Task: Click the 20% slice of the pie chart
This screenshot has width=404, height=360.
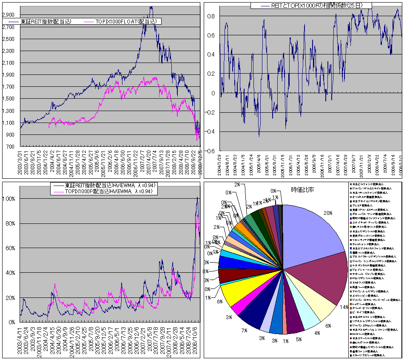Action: click(x=313, y=230)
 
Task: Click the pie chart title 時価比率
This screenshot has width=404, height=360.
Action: click(x=303, y=189)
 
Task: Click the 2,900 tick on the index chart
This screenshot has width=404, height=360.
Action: click(x=9, y=15)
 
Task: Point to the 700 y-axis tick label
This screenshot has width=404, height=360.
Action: click(x=12, y=147)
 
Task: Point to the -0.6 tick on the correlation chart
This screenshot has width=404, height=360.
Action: click(x=211, y=151)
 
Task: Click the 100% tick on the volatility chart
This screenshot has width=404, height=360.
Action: click(x=9, y=199)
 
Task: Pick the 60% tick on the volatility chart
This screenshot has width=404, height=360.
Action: click(x=11, y=248)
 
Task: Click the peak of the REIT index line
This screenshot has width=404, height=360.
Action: click(x=151, y=7)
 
